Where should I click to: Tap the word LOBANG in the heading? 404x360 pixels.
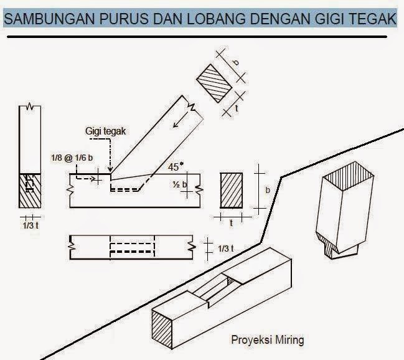[x=215, y=19]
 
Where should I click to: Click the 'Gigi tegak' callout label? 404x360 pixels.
[x=105, y=131]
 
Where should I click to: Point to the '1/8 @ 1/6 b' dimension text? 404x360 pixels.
[x=72, y=159]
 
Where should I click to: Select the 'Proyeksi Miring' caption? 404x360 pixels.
[x=267, y=340]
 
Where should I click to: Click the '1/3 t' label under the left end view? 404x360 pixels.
[x=28, y=225]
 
